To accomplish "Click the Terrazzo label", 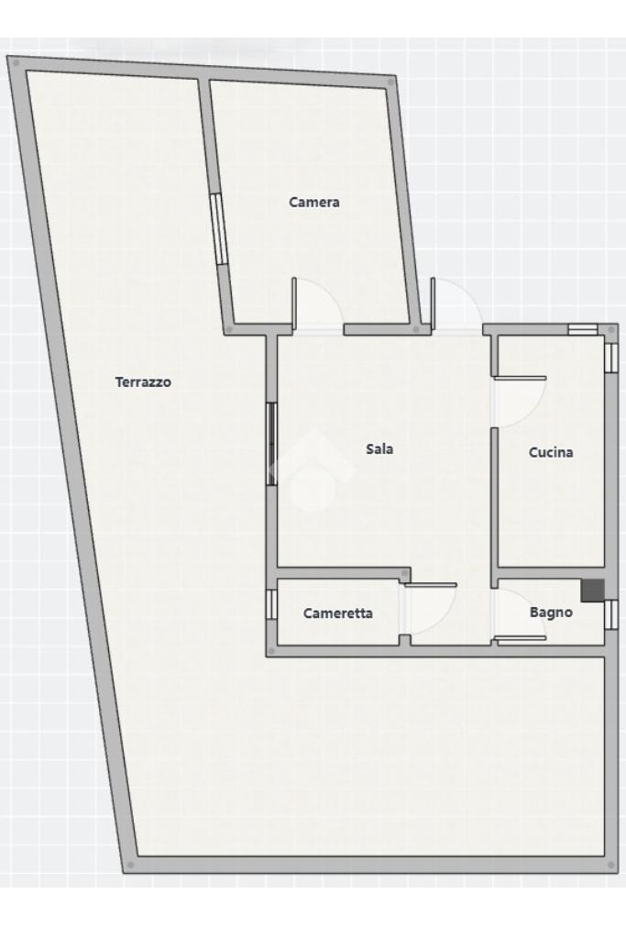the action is pos(143,381).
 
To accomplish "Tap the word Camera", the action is pos(314,202).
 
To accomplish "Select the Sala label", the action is pos(379,448).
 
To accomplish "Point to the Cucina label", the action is pos(551,452).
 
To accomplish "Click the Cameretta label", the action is pos(337,613).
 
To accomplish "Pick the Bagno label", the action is pos(551,612).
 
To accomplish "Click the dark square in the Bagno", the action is pos(592,591).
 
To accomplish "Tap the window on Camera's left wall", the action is pos(218,228).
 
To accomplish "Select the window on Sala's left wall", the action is pos(271,443).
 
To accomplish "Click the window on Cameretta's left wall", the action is pos(271,604).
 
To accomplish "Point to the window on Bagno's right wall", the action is pos(610,614).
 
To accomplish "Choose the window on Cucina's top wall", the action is pos(582,329).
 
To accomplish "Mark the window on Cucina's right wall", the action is pos(610,358).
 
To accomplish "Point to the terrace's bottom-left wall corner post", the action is pos(130,865).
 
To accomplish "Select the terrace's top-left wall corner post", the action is pos(16,62).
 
